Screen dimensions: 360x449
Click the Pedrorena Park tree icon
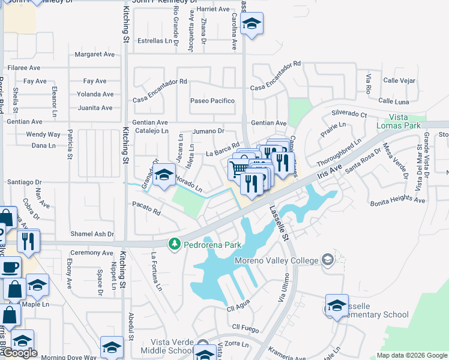pyautogui.click(x=175, y=244)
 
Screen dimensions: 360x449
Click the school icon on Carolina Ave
pyautogui.click(x=252, y=25)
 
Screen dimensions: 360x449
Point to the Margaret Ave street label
pyautogui.click(x=94, y=55)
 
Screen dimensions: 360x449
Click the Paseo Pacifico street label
pyautogui.click(x=212, y=101)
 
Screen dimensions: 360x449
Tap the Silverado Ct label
pyautogui.click(x=349, y=113)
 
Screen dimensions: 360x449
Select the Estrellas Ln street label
pyautogui.click(x=155, y=41)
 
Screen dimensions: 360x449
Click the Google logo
pyautogui.click(x=20, y=353)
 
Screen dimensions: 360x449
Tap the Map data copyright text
pyautogui.click(x=411, y=355)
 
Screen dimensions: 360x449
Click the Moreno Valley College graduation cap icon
pyautogui.click(x=328, y=260)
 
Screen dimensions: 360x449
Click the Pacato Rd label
pyautogui.click(x=146, y=212)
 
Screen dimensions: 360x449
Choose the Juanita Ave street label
pyautogui.click(x=95, y=108)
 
